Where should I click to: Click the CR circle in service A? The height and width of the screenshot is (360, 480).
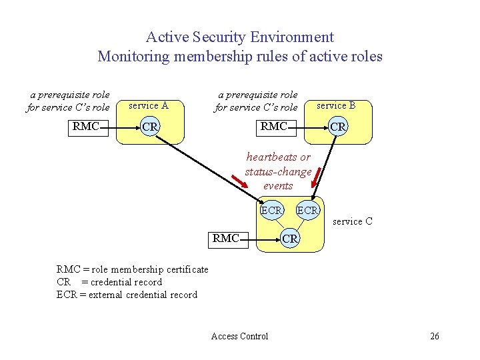151,127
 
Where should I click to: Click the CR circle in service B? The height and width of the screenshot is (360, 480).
338,127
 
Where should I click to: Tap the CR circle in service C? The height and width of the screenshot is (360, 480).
290,238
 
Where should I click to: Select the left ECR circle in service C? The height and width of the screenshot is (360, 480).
272,211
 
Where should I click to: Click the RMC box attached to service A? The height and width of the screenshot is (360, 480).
87,126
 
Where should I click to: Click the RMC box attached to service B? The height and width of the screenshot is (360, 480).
274,126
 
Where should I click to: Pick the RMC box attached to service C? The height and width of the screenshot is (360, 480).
226,238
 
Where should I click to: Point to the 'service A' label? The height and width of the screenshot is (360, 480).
148,105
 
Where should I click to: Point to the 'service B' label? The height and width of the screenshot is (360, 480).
336,105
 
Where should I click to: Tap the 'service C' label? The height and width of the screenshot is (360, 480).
352,221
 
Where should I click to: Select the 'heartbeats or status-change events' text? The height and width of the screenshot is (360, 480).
278,171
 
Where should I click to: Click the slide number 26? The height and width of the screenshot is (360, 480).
435,336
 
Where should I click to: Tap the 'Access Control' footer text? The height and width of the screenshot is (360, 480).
239,336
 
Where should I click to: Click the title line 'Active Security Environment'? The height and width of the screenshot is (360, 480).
240,37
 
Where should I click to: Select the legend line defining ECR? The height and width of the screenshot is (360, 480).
127,295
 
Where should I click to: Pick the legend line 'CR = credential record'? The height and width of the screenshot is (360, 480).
109,282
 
